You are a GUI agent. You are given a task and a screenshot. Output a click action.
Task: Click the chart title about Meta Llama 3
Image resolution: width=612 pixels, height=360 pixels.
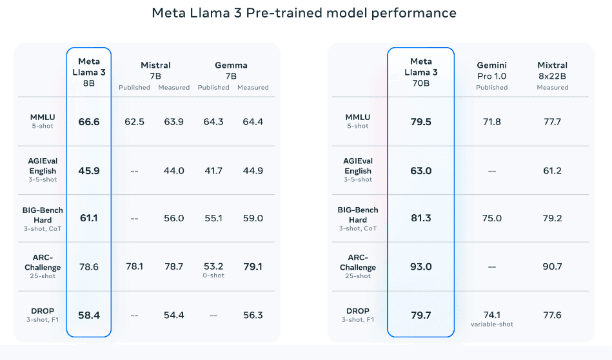pyautogui.click(x=304, y=13)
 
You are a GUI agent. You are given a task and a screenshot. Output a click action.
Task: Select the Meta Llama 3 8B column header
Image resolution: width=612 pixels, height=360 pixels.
pyautogui.click(x=89, y=72)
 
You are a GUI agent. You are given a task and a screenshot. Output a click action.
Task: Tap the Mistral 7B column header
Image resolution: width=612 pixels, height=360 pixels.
pyautogui.click(x=155, y=70)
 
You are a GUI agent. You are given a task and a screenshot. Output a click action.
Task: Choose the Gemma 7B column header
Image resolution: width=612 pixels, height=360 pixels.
pyautogui.click(x=231, y=70)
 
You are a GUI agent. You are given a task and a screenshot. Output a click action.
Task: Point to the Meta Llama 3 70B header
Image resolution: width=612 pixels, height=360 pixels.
pyautogui.click(x=421, y=72)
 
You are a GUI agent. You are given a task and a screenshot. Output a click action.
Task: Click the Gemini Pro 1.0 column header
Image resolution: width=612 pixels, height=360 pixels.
pyautogui.click(x=491, y=70)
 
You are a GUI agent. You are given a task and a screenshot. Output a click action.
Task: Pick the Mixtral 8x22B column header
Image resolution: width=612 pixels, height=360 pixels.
pyautogui.click(x=552, y=70)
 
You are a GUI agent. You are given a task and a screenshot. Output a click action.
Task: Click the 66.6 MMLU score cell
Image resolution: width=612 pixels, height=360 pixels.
pyautogui.click(x=89, y=121)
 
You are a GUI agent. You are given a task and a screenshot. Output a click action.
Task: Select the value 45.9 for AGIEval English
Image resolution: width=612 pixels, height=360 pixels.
pyautogui.click(x=89, y=170)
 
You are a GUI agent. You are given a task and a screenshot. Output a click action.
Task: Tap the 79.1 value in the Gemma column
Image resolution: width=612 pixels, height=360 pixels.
pyautogui.click(x=252, y=266)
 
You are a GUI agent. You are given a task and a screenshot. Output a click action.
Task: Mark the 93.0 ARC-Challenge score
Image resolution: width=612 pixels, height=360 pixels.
pyautogui.click(x=421, y=266)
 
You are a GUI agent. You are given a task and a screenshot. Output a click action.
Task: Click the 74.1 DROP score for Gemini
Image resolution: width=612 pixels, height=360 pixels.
pyautogui.click(x=492, y=315)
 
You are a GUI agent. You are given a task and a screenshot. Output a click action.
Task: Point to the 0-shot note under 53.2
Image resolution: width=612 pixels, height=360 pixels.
pyautogui.click(x=213, y=276)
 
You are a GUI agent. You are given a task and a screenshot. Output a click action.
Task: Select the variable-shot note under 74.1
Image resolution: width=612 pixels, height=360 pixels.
pyautogui.click(x=492, y=325)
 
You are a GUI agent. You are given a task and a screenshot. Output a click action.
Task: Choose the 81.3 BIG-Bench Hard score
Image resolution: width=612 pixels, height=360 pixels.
pyautogui.click(x=421, y=218)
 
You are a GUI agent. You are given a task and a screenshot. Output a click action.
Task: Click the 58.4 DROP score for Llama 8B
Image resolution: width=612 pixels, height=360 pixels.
pyautogui.click(x=89, y=315)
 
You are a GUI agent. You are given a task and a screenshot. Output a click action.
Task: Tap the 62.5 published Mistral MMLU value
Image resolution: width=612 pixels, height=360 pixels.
pyautogui.click(x=134, y=121)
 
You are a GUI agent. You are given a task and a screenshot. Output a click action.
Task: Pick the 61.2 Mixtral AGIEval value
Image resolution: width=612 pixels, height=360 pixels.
pyautogui.click(x=552, y=170)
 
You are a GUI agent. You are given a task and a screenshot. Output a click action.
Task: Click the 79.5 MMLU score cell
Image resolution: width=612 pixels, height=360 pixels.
pyautogui.click(x=421, y=121)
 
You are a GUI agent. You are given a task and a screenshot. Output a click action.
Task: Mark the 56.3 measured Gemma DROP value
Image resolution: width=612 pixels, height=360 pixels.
pyautogui.click(x=252, y=315)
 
